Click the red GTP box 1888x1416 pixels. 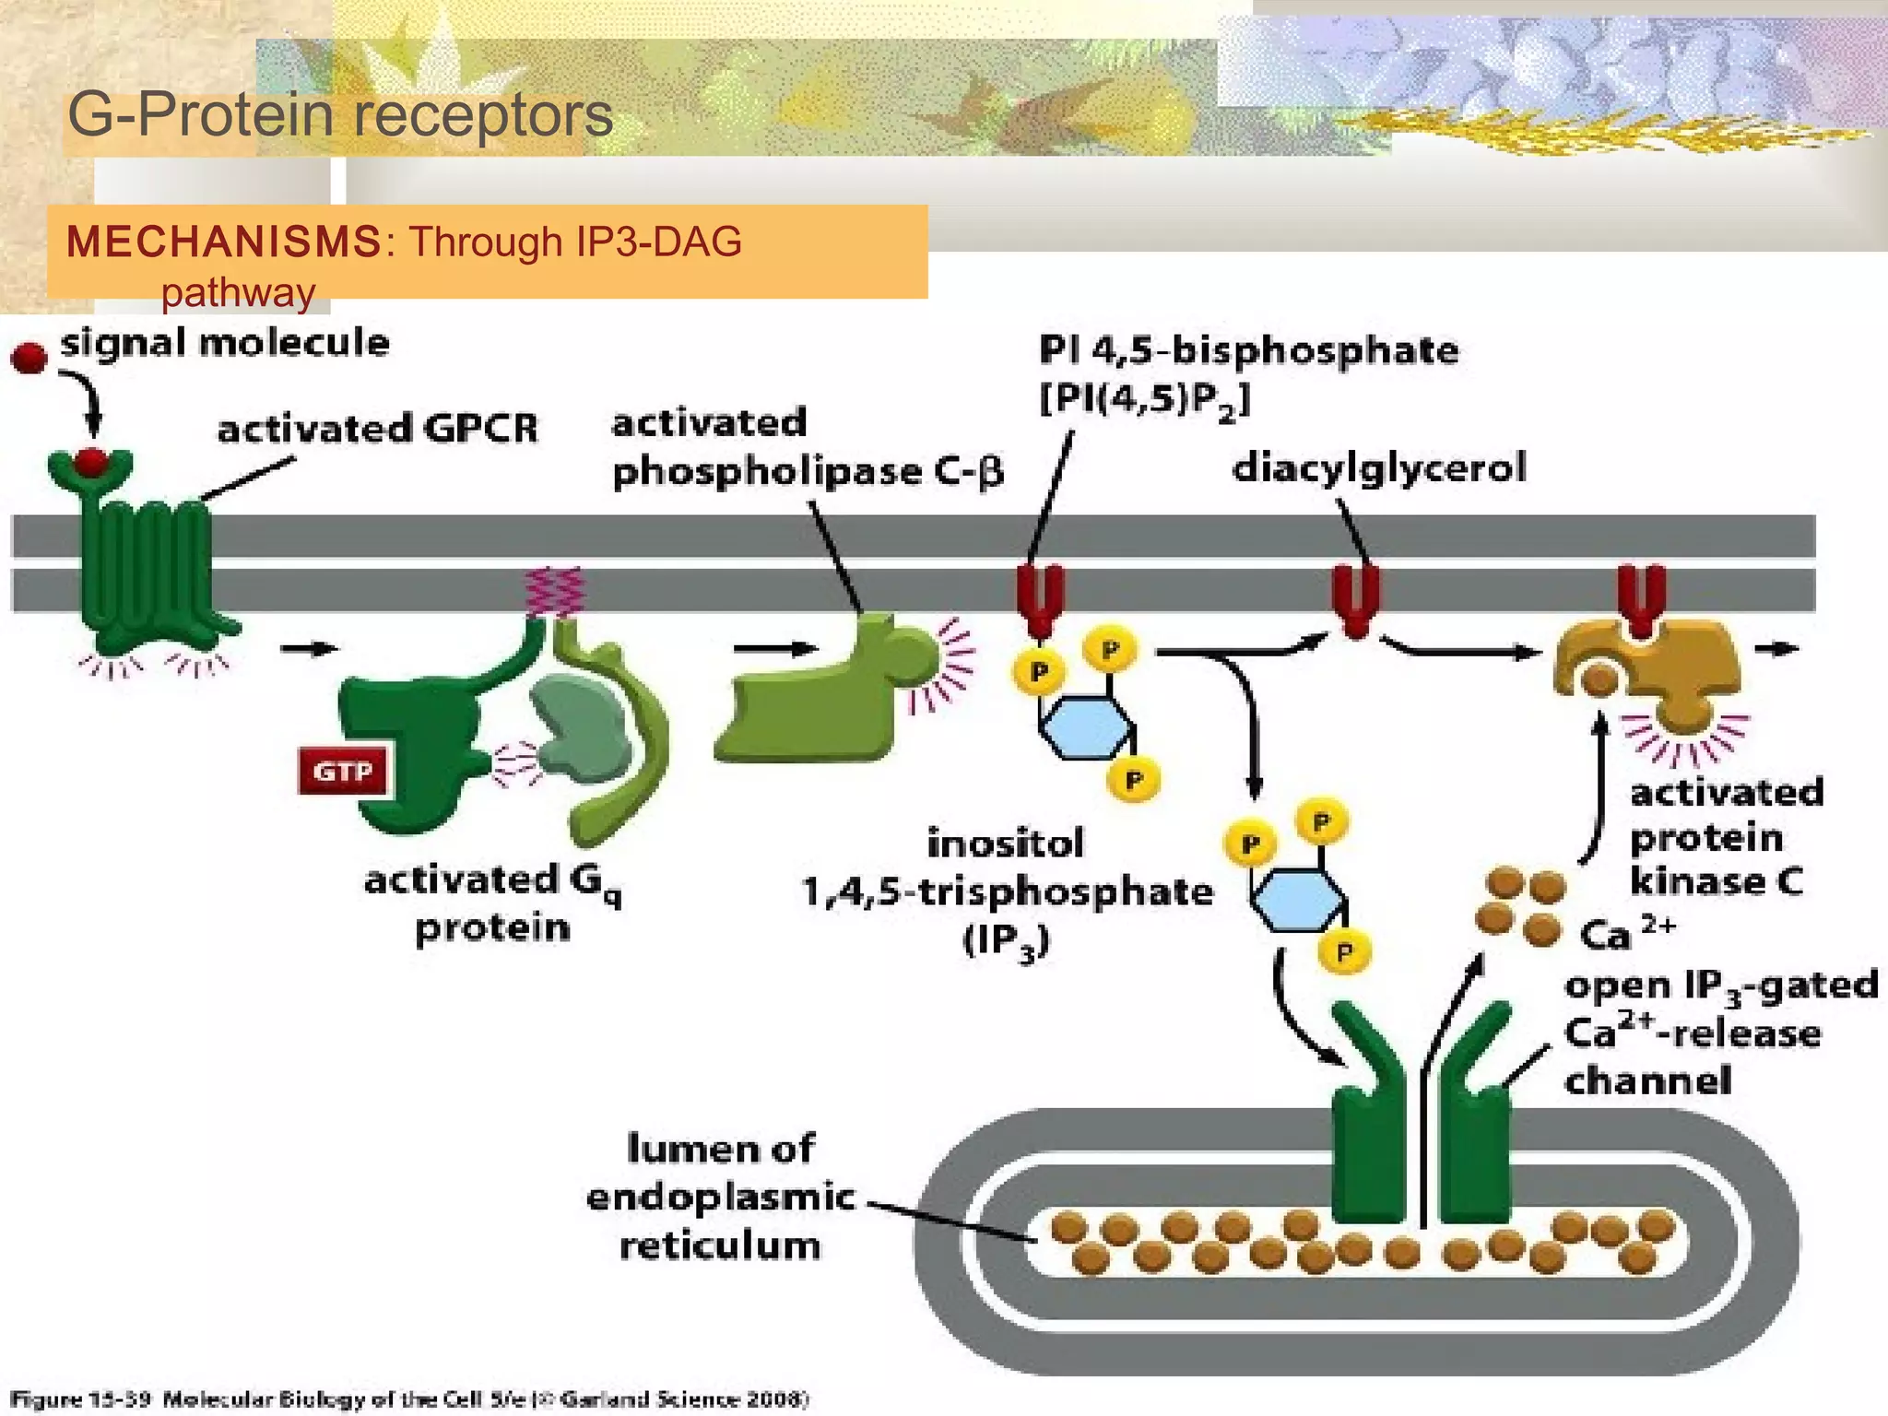point(343,771)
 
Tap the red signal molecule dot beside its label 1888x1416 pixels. point(29,358)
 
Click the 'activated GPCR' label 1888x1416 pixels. point(377,429)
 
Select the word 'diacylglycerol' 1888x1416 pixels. point(1379,467)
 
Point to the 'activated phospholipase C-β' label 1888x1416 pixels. point(807,448)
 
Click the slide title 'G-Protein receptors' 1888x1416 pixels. point(340,115)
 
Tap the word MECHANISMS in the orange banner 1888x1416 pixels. point(224,242)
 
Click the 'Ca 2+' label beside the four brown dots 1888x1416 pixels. point(1626,932)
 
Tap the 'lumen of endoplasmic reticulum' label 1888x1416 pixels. point(720,1197)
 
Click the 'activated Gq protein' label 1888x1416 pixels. point(493,903)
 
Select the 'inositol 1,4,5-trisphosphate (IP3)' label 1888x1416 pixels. point(1007,891)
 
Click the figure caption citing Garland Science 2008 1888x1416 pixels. point(410,1399)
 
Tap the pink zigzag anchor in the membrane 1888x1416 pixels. point(553,591)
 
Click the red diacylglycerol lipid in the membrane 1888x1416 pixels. point(1355,599)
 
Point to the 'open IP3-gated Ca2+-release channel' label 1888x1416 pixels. point(1720,1032)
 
